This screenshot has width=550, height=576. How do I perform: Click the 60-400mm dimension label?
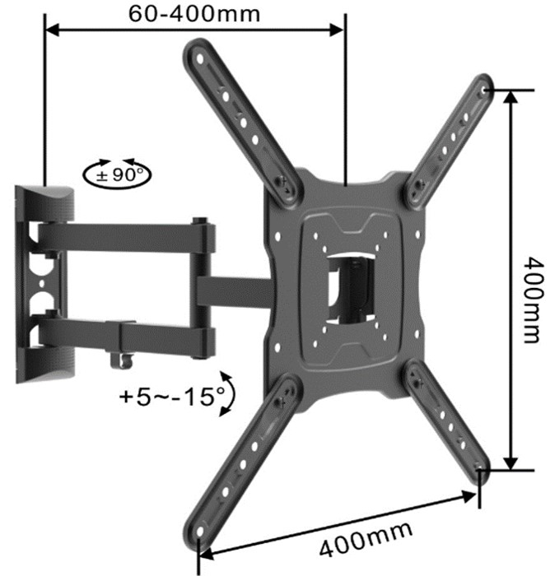point(194,14)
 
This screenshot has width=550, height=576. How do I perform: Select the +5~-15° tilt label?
point(172,396)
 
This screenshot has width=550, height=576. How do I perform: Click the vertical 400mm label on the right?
point(533,300)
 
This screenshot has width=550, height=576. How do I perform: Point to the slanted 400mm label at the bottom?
point(366,538)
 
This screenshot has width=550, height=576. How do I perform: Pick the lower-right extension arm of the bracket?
point(447,422)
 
